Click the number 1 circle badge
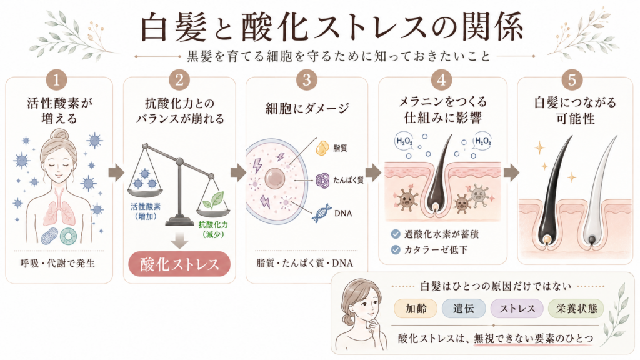(x=56, y=79)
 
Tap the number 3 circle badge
(x=306, y=79)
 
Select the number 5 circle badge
(x=572, y=79)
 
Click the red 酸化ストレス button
(x=179, y=264)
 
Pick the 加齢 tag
(x=416, y=309)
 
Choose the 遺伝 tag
(x=464, y=309)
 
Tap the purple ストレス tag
(x=517, y=309)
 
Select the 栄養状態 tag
(x=576, y=309)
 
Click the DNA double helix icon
(x=322, y=213)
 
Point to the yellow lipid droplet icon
(x=322, y=147)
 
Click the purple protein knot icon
(x=322, y=180)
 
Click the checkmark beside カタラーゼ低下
(x=395, y=249)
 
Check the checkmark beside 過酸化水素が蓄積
(x=395, y=234)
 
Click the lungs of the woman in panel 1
(x=59, y=209)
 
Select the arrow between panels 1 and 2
(x=116, y=172)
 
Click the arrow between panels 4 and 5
(x=511, y=172)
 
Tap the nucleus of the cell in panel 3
(x=275, y=178)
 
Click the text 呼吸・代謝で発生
(x=58, y=263)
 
